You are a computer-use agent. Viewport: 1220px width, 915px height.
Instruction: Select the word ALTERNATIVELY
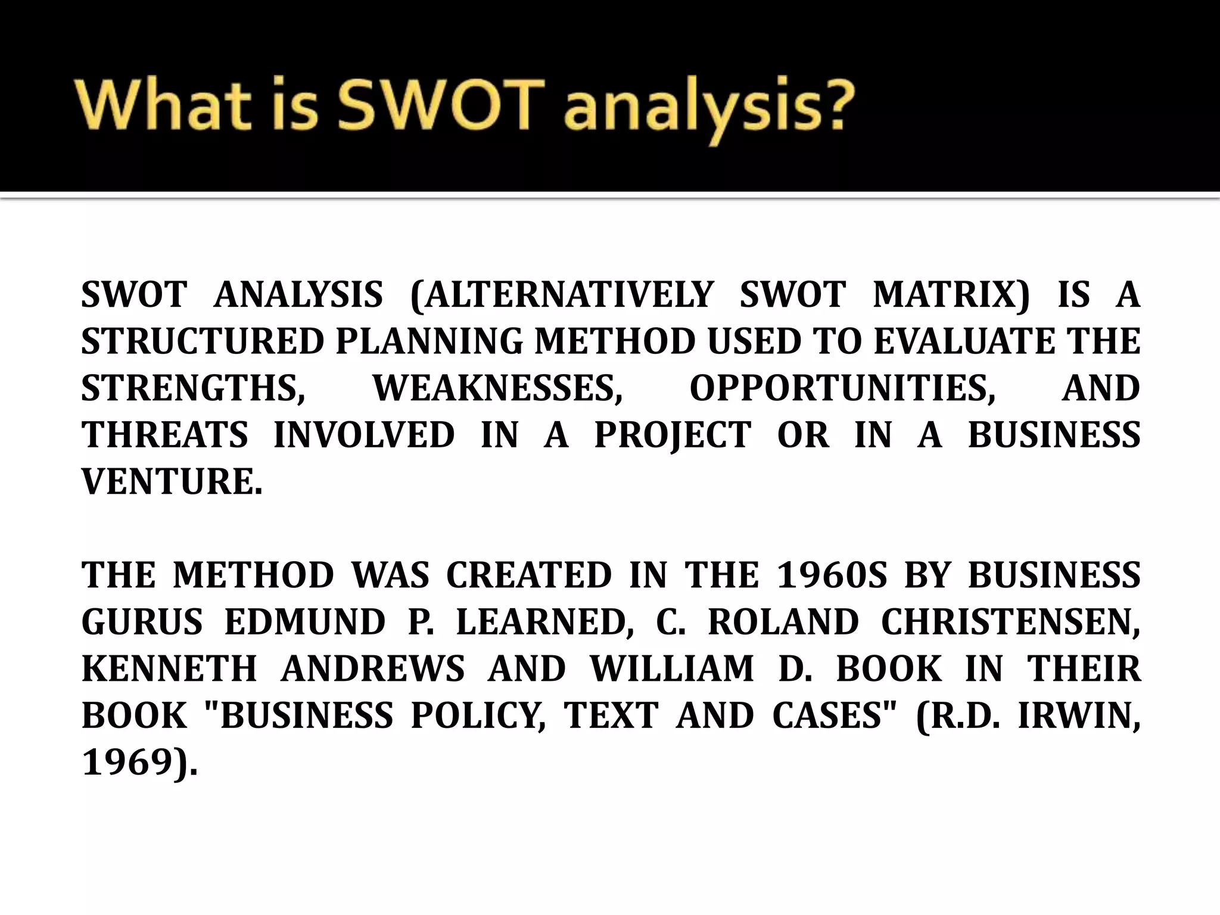pos(562,295)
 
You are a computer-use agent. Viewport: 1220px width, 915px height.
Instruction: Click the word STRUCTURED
pos(202,341)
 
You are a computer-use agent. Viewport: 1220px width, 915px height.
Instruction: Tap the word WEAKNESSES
pos(497,388)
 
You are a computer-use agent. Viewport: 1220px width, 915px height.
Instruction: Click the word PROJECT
pos(673,434)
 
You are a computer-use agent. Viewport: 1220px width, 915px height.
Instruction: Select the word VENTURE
pos(172,481)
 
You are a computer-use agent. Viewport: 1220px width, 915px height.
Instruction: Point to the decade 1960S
pos(832,575)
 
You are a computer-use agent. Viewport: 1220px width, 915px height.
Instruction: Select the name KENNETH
pos(169,668)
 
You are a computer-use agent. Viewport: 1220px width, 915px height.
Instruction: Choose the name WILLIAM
pos(672,668)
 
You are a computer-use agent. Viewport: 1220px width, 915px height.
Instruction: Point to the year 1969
pos(133,762)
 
